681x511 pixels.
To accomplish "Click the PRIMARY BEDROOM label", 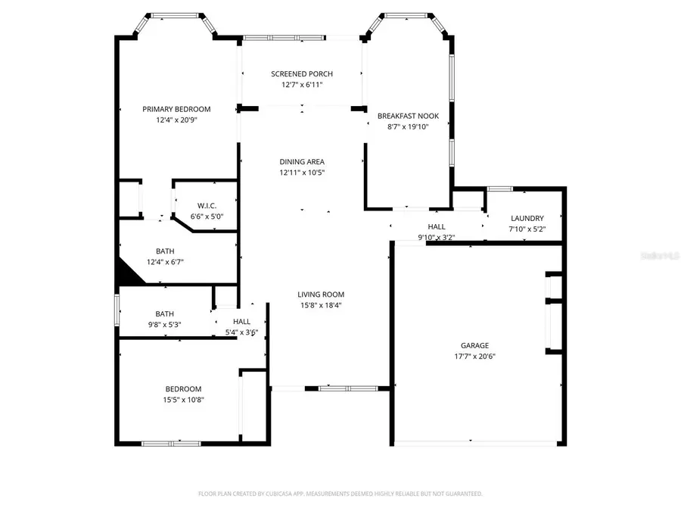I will point(176,109).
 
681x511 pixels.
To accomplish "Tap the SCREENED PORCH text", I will point(302,73).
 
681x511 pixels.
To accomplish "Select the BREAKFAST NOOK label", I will point(408,116).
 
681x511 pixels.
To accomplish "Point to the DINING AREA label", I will point(302,161).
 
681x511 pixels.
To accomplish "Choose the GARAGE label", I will point(476,345).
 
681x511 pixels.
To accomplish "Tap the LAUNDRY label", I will point(527,218).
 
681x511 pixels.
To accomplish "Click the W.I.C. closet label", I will point(207,206).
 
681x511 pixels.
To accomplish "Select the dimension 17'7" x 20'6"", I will point(476,356).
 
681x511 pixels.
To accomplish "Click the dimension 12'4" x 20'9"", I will point(176,120).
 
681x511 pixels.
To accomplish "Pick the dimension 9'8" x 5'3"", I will point(164,324).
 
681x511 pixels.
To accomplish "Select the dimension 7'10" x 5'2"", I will point(527,229).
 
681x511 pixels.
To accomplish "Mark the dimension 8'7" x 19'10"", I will point(408,126).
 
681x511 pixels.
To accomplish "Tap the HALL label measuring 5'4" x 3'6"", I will point(241,322).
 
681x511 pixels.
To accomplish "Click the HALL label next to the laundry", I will point(437,226).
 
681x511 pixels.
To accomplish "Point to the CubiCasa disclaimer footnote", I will point(340,493).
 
